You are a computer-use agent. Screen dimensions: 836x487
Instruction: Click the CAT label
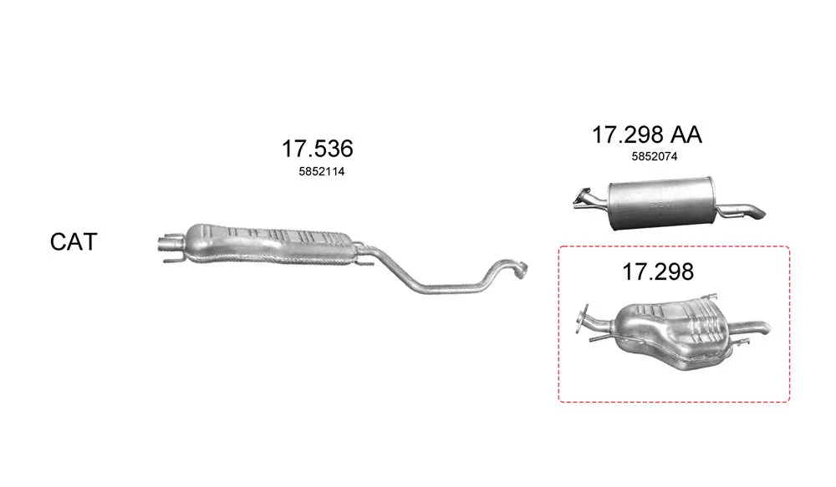74,242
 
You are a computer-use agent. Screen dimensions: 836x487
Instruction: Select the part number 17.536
317,149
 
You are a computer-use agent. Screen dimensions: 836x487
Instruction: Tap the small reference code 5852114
322,171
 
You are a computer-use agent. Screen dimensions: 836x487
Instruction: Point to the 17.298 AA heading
647,134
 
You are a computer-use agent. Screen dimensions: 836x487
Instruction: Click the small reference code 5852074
655,157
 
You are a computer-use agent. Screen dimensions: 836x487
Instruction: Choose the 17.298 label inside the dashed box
658,271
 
